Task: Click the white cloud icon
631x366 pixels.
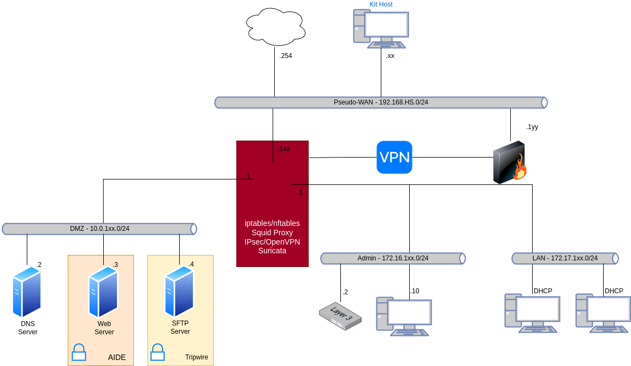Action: pos(275,27)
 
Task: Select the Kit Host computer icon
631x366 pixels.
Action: pos(381,28)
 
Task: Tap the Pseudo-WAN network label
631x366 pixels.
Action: pos(381,102)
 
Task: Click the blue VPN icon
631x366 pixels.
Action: pos(394,157)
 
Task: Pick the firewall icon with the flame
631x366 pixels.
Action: pos(510,163)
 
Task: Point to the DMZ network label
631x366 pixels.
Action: pos(99,229)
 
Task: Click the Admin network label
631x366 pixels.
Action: pos(393,258)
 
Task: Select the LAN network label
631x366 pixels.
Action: pos(565,258)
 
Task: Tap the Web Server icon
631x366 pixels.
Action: pos(103,292)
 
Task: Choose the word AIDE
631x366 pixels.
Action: pos(117,358)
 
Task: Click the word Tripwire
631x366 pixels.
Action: pos(196,358)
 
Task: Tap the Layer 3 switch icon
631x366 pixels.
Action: pos(340,316)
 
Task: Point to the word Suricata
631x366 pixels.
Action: pos(272,251)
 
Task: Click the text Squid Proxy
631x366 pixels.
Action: pos(272,233)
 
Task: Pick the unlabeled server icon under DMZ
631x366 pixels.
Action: pos(27,292)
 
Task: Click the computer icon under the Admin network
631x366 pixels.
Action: pos(404,316)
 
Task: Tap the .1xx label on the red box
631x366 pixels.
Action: pos(284,149)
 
